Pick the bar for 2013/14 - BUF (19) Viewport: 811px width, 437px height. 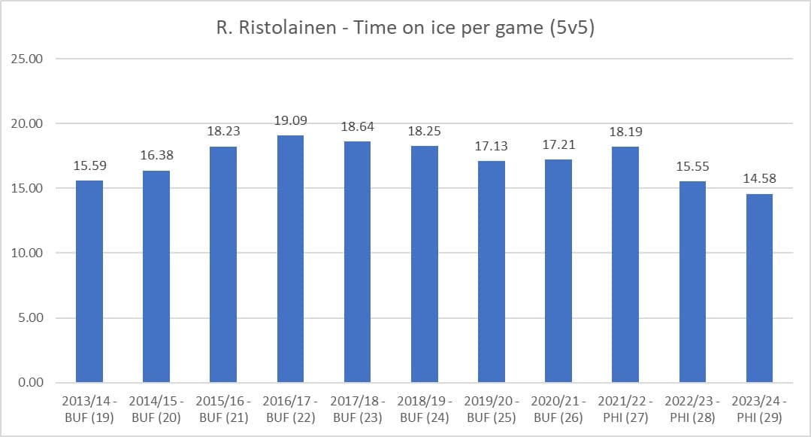click(89, 281)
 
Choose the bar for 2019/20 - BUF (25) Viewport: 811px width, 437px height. click(491, 272)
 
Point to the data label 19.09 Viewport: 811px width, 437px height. click(290, 120)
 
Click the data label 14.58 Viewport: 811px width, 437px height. click(759, 179)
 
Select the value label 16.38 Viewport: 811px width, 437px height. click(156, 156)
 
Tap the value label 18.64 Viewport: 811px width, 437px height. click(357, 126)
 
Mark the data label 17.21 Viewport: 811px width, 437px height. click(558, 144)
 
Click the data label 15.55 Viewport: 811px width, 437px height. click(692, 166)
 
